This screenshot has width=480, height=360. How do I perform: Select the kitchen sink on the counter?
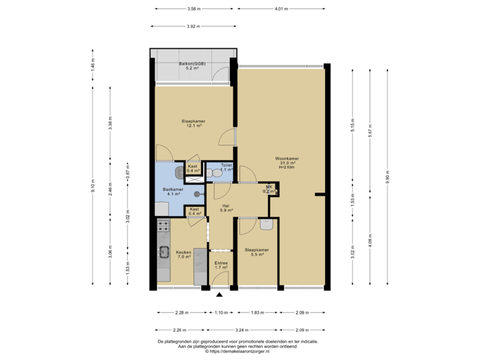tap(163, 252)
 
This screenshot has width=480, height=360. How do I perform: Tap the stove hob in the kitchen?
tap(163, 229)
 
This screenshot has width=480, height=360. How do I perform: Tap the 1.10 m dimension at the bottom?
tap(220, 312)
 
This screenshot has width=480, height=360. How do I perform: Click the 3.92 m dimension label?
tap(193, 27)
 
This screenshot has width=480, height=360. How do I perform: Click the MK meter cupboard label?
tap(269, 189)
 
